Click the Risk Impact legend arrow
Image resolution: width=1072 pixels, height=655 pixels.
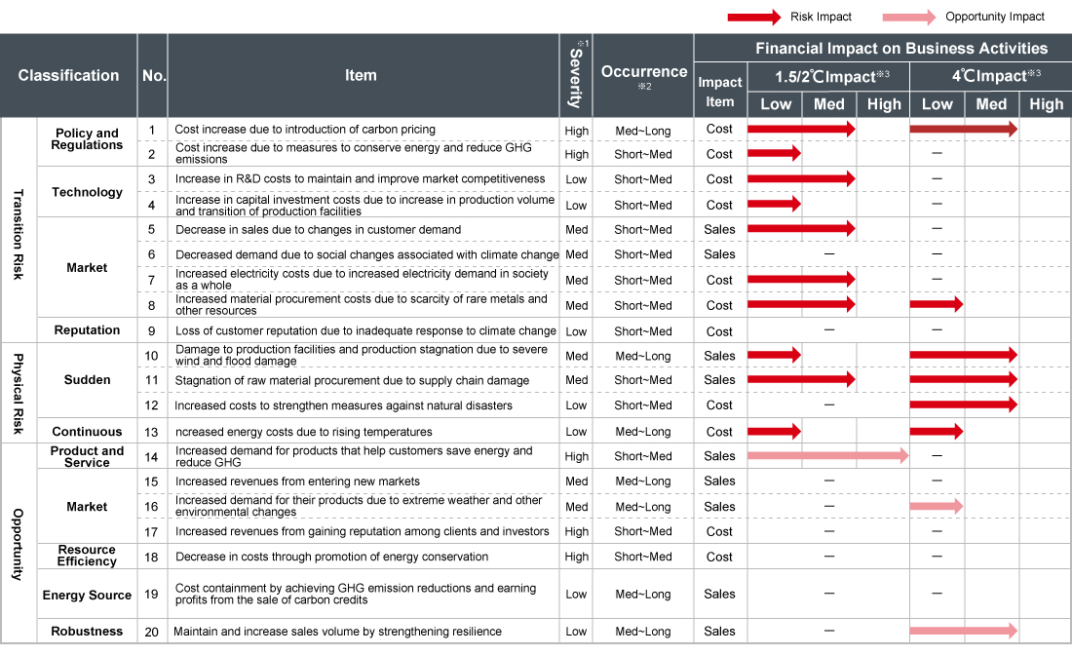click(x=752, y=17)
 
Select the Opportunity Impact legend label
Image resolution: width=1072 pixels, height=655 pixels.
click(x=994, y=17)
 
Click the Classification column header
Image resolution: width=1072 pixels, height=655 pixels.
click(x=68, y=75)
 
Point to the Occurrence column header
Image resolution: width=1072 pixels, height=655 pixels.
click(x=643, y=72)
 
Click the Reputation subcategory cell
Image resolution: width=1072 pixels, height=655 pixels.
click(x=87, y=330)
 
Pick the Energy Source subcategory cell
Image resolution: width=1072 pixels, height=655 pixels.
click(x=87, y=595)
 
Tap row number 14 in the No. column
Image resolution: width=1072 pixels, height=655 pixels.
click(x=151, y=455)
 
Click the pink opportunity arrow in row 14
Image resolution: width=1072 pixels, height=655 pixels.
click(x=827, y=455)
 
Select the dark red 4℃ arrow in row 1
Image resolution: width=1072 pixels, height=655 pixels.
click(x=963, y=129)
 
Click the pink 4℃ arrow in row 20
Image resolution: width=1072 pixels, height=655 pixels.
click(x=963, y=632)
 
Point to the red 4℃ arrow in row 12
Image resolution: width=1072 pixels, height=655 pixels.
click(x=963, y=405)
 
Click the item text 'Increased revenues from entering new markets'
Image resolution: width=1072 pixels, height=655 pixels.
click(x=297, y=482)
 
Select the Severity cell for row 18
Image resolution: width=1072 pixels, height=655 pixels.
click(x=576, y=557)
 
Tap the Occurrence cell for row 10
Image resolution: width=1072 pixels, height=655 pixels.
click(x=643, y=356)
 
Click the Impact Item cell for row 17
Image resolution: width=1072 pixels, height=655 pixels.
click(x=719, y=531)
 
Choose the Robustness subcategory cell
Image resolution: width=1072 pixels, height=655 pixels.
click(x=87, y=632)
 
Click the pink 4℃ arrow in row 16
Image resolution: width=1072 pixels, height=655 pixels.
click(x=936, y=506)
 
